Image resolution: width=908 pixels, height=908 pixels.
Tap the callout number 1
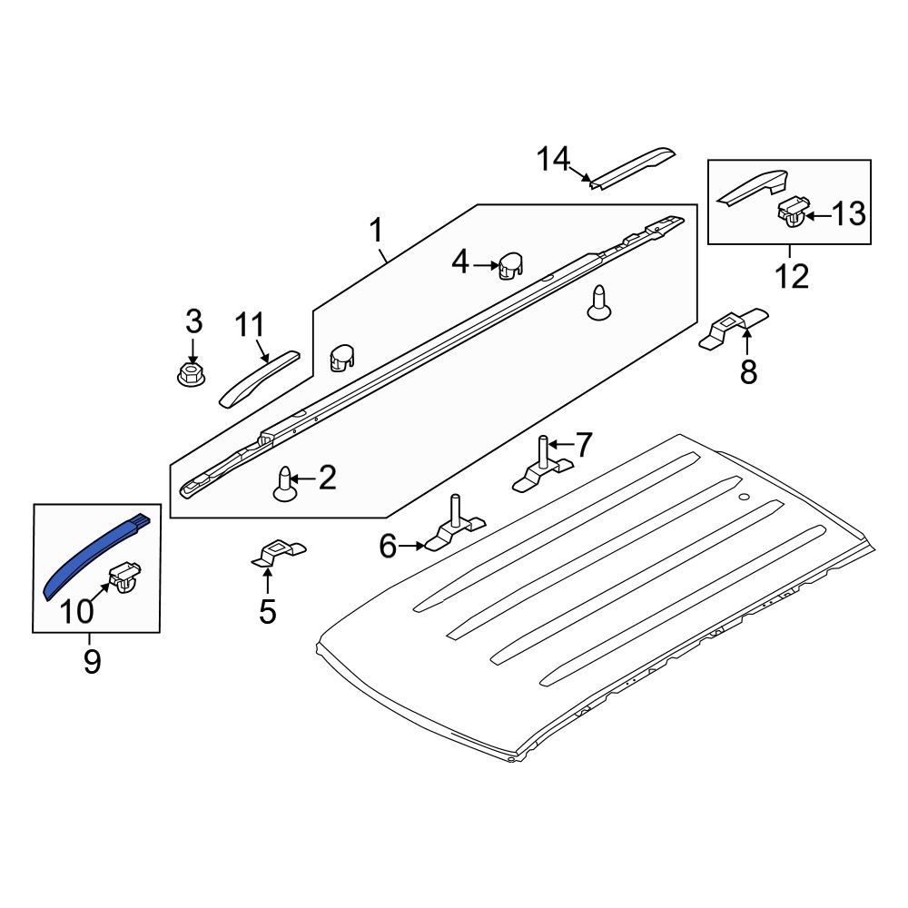tap(375, 232)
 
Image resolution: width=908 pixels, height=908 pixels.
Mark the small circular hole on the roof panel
tap(745, 498)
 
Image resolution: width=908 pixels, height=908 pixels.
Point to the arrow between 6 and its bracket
tap(413, 546)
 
